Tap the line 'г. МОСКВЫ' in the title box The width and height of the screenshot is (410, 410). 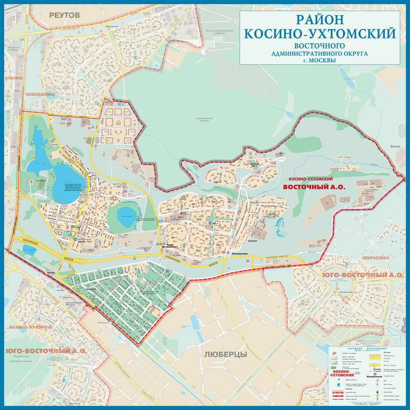click(x=319, y=60)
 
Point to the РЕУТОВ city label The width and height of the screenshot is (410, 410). click(x=64, y=15)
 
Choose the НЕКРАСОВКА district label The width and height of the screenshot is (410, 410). click(x=375, y=258)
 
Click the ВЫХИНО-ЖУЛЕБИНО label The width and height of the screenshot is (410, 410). click(x=30, y=327)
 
